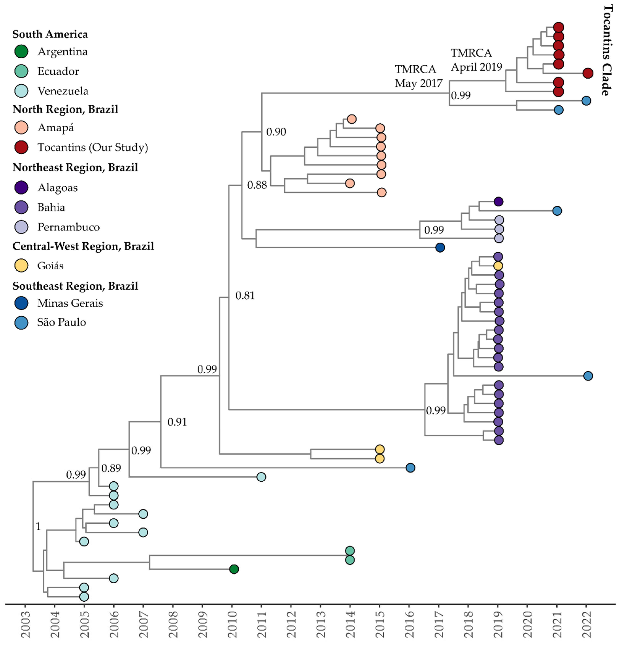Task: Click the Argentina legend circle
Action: point(21,52)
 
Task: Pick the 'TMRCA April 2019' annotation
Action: point(476,60)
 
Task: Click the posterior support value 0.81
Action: point(245,296)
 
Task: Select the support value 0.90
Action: point(276,132)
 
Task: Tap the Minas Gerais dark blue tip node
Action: point(440,247)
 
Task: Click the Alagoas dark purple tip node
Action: point(499,201)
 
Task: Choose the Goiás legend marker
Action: point(21,266)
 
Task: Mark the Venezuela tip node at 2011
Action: point(261,477)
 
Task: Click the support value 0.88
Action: point(257,185)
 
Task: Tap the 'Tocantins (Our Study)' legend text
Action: point(93,147)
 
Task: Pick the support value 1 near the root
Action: point(39,527)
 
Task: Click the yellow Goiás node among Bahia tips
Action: point(498,266)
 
